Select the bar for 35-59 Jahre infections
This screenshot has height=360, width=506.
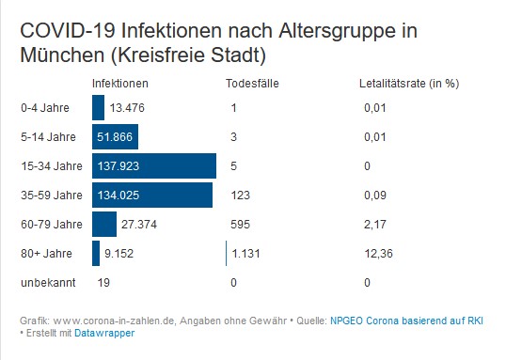(x=151, y=196)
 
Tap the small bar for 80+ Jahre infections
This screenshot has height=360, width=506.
(x=96, y=253)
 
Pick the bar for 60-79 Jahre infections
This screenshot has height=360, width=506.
(x=103, y=225)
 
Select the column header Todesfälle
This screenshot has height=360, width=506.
(x=252, y=83)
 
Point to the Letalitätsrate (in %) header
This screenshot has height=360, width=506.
(x=409, y=83)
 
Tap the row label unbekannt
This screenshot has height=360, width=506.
(x=44, y=282)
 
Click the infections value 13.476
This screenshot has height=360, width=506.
(x=127, y=109)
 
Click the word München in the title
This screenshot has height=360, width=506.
(x=53, y=54)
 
